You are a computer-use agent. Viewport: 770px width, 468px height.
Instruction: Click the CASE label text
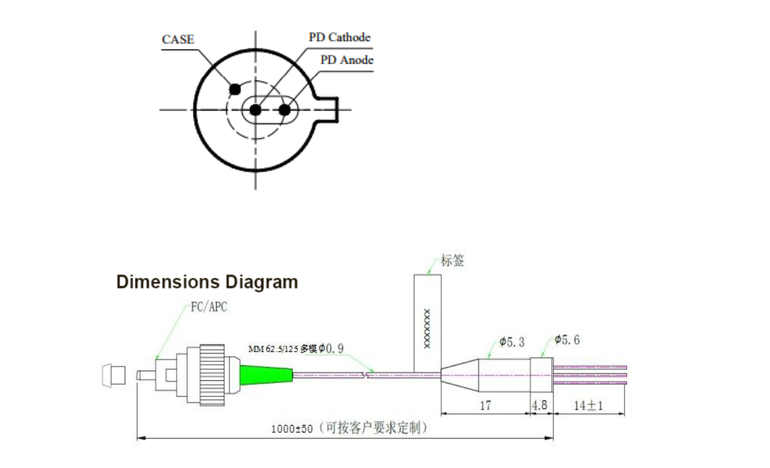point(177,40)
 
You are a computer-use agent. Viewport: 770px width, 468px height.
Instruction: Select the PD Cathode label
point(340,37)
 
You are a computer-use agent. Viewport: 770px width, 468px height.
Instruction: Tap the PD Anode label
point(347,60)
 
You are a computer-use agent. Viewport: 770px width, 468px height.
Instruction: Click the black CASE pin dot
point(235,88)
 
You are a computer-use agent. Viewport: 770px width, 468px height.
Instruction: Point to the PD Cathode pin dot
point(255,110)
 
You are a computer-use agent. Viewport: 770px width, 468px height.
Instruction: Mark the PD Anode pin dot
point(284,110)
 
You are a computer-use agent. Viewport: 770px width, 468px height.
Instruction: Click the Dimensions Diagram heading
point(207,282)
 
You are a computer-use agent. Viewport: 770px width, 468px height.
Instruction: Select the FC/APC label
point(209,307)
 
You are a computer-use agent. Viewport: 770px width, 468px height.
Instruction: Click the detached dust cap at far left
point(114,376)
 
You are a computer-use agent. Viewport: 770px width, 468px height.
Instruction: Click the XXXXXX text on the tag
point(427,328)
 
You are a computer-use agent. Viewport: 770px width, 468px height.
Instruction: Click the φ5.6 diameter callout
point(567,340)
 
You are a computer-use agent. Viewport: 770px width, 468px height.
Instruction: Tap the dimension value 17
point(485,405)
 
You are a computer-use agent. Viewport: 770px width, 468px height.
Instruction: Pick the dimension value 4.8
point(540,405)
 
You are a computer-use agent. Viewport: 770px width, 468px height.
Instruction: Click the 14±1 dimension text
point(589,405)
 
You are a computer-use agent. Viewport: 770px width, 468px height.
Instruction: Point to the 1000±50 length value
point(292,429)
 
